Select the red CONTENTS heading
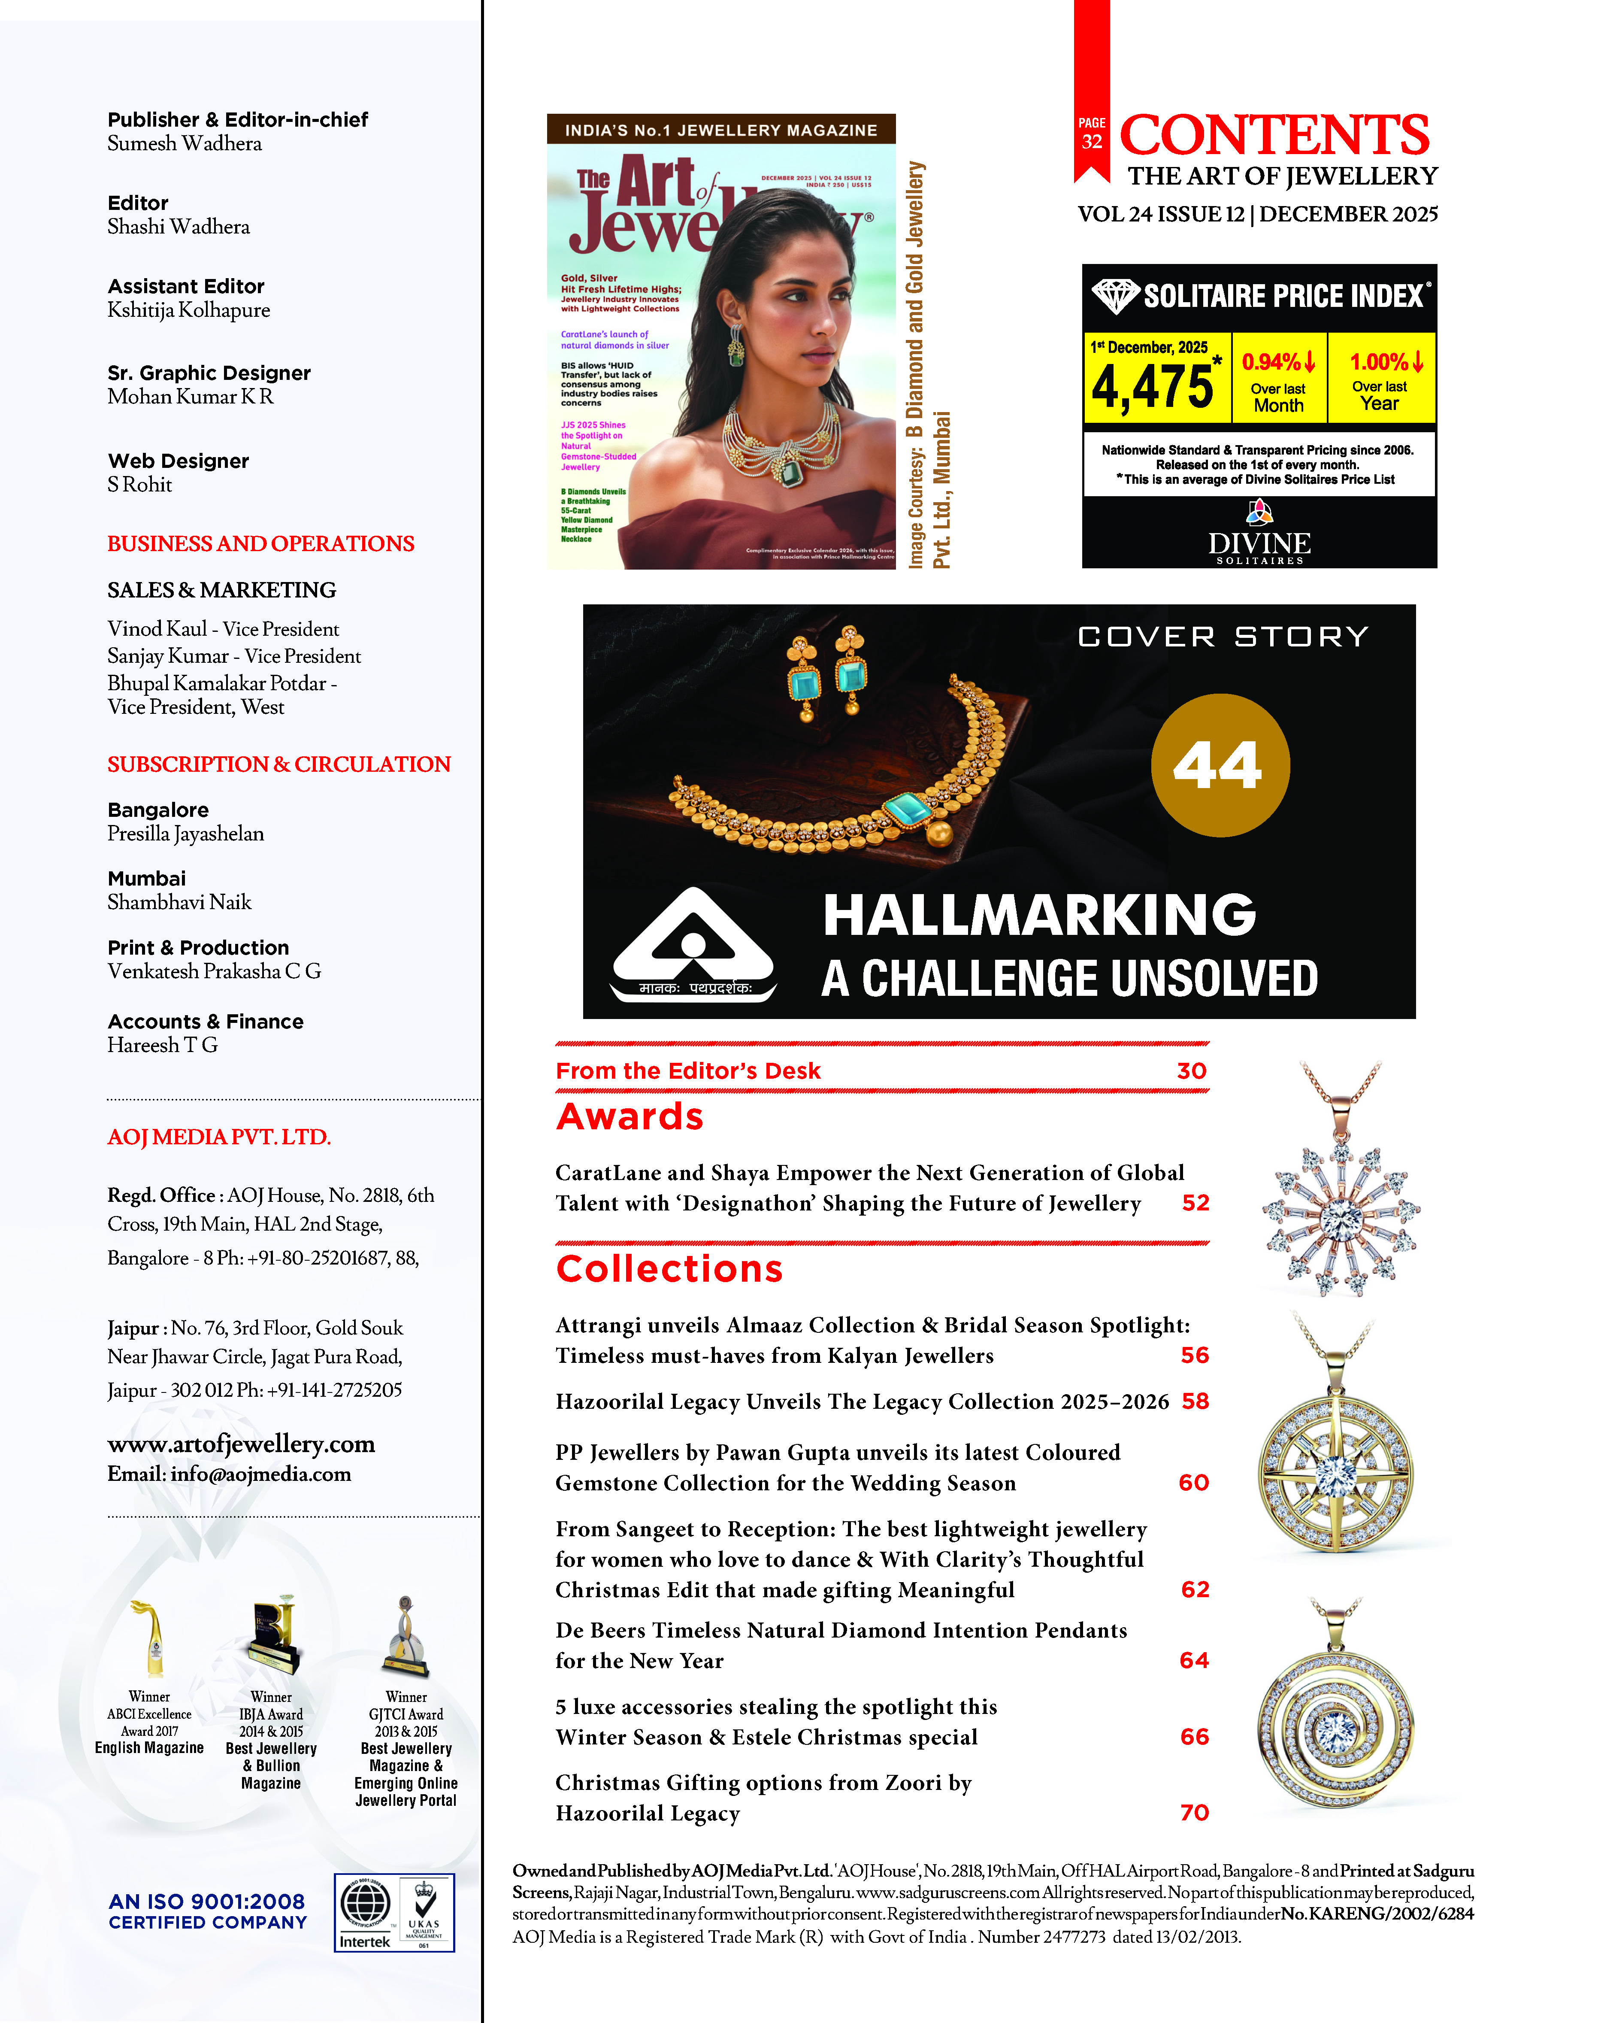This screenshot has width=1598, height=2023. pos(1274,136)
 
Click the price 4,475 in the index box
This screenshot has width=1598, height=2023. pos(1153,386)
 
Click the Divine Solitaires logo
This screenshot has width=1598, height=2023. pos(1259,534)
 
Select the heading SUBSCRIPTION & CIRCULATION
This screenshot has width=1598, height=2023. pos(279,764)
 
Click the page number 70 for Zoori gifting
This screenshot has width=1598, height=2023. pos(1194,1813)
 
